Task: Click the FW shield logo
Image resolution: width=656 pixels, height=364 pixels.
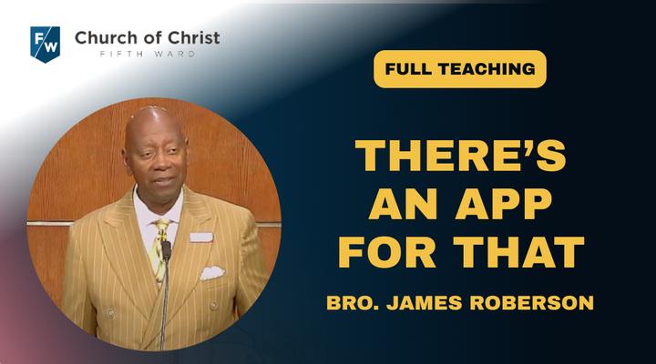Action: pos(46,45)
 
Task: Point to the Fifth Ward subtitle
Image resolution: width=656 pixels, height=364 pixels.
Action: pos(148,54)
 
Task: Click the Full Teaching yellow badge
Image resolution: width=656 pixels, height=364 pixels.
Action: pos(460,69)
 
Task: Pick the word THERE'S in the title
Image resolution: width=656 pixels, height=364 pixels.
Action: pos(460,156)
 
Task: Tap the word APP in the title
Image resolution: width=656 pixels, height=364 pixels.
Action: pos(504,204)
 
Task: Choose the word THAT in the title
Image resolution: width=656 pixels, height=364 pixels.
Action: pos(518,252)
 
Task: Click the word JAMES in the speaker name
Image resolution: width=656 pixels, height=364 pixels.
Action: pos(425,303)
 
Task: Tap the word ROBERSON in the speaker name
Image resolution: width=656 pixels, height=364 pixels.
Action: pos(532,303)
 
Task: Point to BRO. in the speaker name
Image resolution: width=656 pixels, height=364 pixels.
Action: pos(353,303)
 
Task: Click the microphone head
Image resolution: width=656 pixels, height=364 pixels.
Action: pos(166,250)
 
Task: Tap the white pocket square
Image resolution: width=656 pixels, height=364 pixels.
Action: pos(212,272)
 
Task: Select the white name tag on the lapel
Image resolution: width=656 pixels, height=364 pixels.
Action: pos(201,238)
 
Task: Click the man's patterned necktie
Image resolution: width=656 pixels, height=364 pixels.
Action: pos(159,249)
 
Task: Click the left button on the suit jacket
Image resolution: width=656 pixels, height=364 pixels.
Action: pos(111,313)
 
